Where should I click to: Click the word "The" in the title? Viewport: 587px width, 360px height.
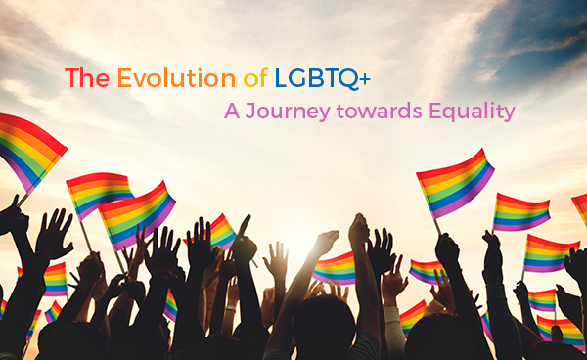click(x=86, y=78)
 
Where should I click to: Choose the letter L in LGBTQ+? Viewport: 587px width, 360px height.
click(x=282, y=78)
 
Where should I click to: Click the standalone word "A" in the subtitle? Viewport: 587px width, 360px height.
click(x=231, y=112)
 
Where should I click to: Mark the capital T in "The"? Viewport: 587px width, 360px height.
click(x=72, y=78)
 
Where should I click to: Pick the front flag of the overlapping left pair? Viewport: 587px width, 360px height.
click(x=137, y=213)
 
